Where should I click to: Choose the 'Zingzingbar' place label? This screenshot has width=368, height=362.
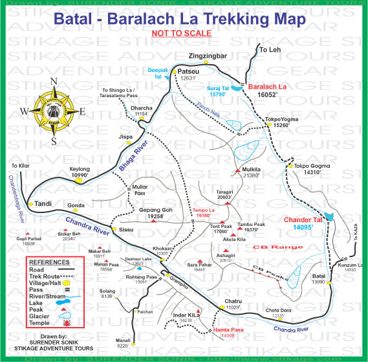pos(211,56)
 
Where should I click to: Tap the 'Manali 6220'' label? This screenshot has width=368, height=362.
pos(122,343)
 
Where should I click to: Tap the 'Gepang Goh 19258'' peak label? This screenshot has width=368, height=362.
pos(155,214)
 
